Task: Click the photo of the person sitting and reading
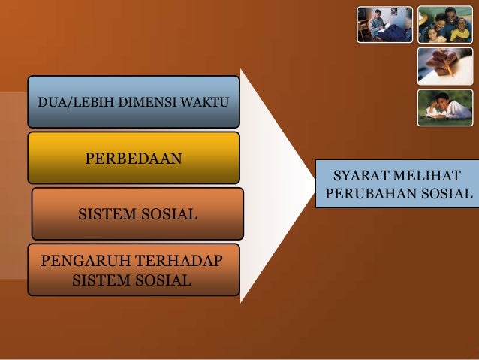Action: (x=384, y=24)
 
